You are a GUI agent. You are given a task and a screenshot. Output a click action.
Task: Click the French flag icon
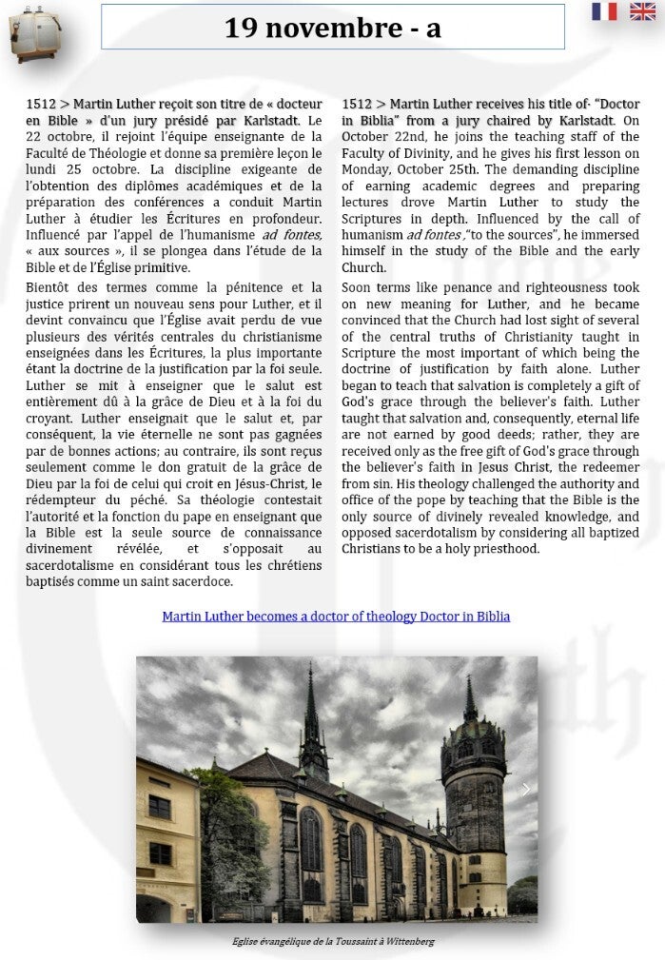tap(603, 11)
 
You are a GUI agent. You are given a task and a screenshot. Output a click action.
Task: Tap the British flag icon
tap(642, 11)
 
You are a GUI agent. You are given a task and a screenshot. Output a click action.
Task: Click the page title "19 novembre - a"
tap(332, 29)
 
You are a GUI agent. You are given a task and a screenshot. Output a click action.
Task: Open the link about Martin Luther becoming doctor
tap(336, 617)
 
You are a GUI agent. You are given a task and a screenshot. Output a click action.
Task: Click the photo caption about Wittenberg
tap(333, 942)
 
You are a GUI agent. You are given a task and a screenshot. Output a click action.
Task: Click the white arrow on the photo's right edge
tap(526, 790)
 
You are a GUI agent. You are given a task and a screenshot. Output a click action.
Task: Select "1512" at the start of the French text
tap(41, 105)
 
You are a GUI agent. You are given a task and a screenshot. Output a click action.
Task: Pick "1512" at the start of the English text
tap(357, 105)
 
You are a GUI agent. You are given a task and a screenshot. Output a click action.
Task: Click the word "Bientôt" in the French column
tap(51, 287)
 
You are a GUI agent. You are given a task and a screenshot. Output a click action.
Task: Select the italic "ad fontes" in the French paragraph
tap(292, 235)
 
